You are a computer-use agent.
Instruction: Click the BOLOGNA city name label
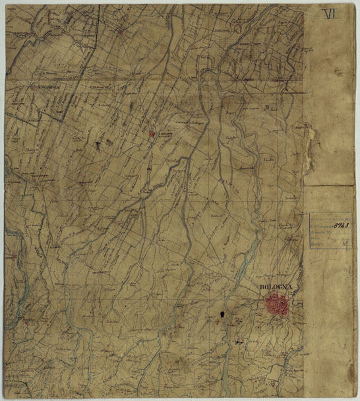coord(276,288)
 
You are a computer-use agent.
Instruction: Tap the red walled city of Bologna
coord(278,305)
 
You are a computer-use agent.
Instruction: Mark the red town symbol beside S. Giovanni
coord(152,133)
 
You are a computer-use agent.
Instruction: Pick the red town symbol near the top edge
coord(120,30)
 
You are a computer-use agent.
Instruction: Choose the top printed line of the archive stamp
coord(330,216)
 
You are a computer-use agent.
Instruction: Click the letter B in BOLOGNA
coord(262,288)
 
